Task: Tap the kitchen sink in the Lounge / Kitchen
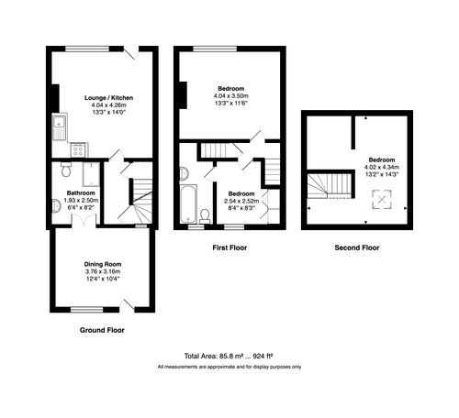point(58,127)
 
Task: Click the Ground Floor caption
point(102,329)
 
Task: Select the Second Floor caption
point(358,247)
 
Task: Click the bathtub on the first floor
point(190,203)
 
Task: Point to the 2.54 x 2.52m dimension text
point(241,202)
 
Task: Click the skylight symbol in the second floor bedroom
point(378,199)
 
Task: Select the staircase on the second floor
point(330,185)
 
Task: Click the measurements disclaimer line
point(229,367)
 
